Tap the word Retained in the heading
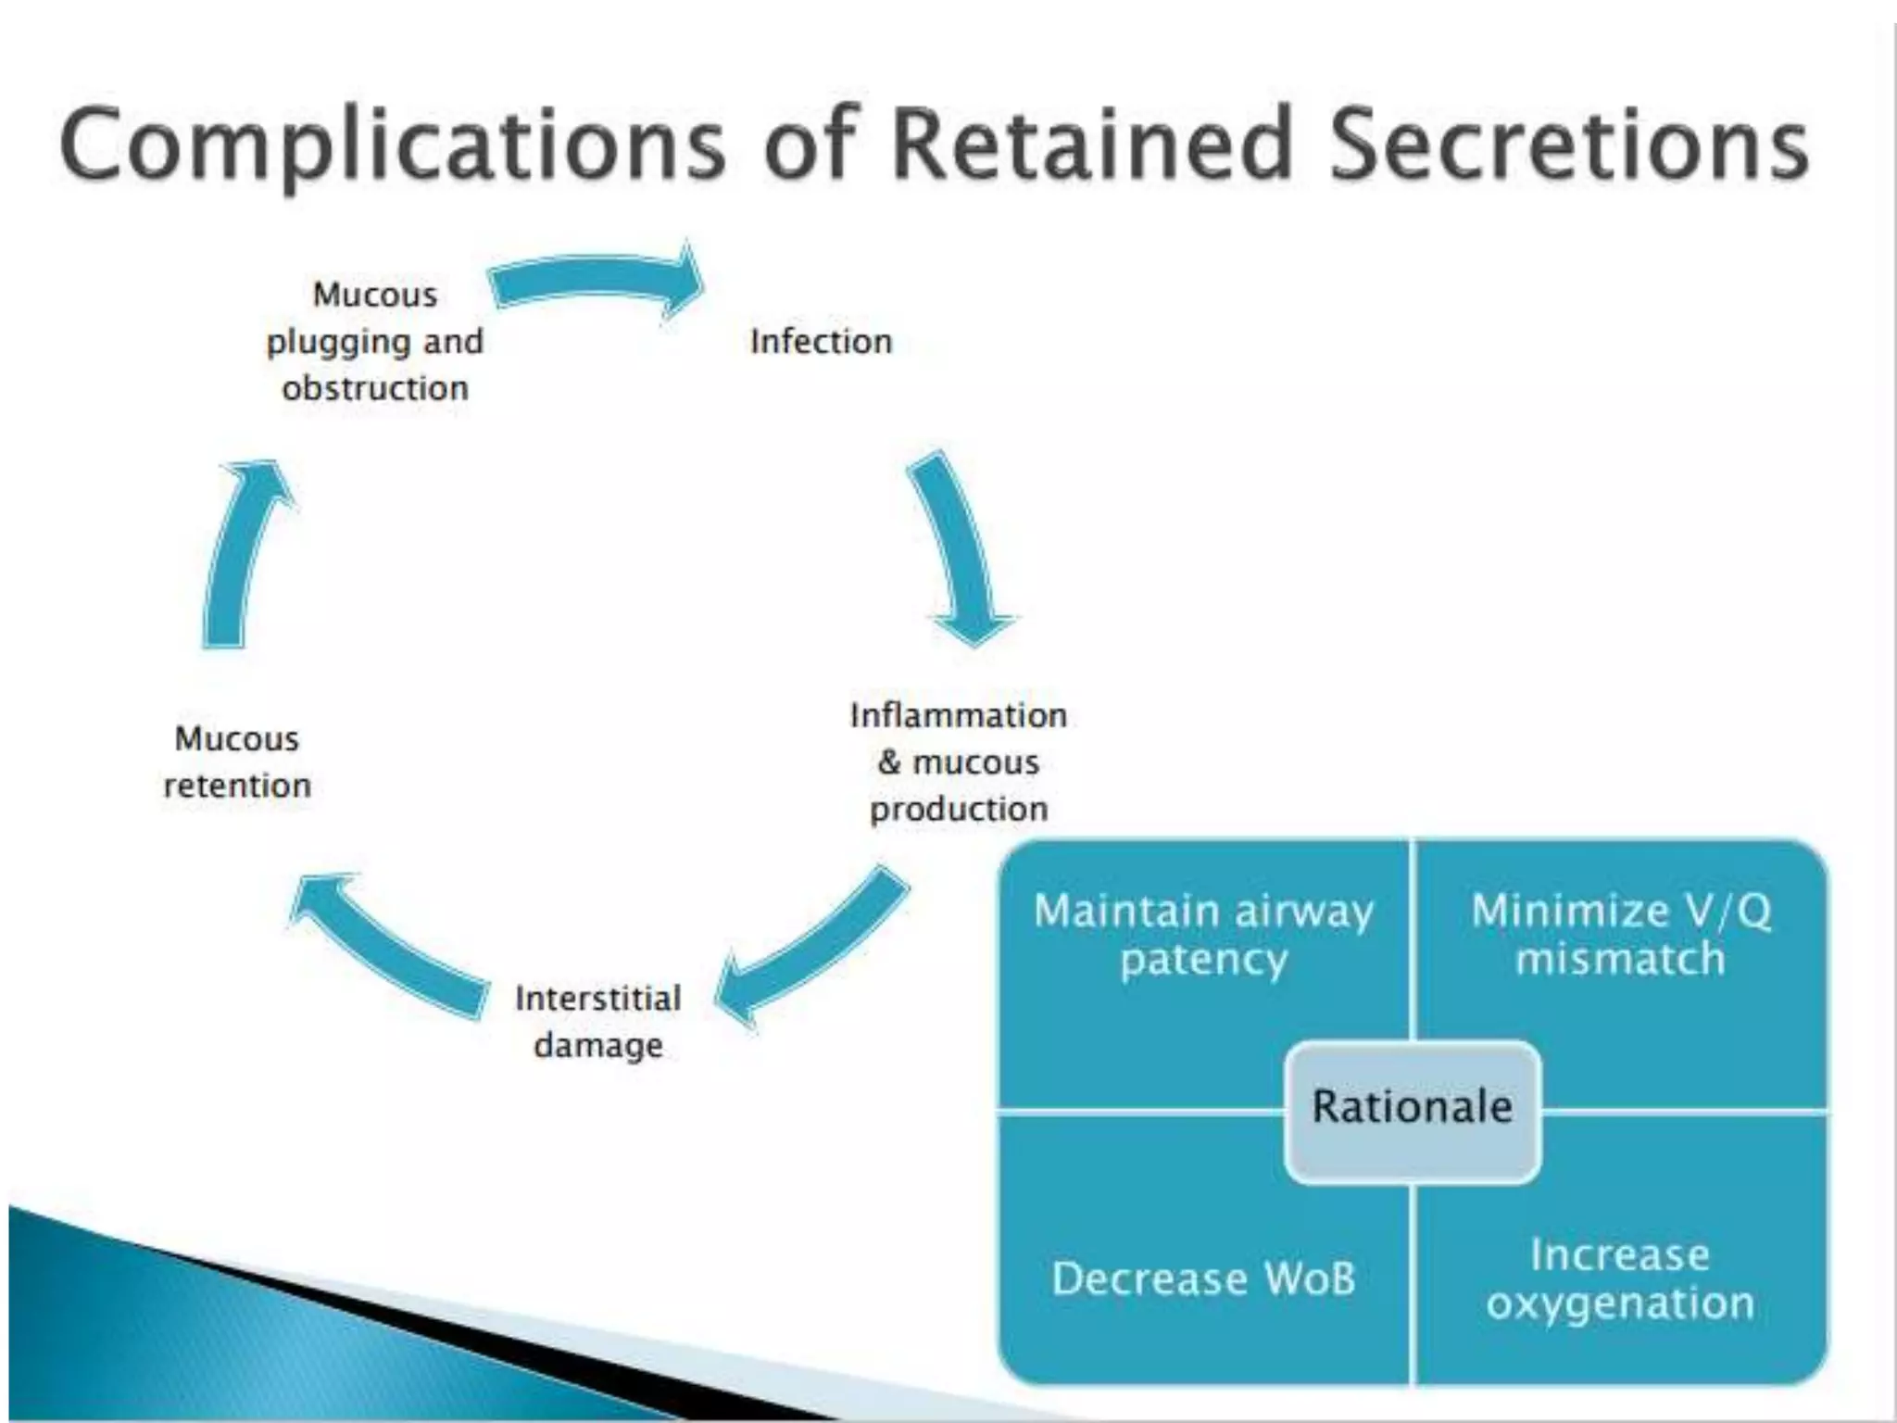pyautogui.click(x=1089, y=145)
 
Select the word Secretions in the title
pyautogui.click(x=1569, y=145)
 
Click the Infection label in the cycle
pyautogui.click(x=821, y=342)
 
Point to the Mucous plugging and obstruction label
pyautogui.click(x=375, y=341)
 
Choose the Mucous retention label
pyautogui.click(x=237, y=762)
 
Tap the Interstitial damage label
pyautogui.click(x=598, y=1021)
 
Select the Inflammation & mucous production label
pyautogui.click(x=959, y=762)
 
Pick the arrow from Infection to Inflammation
pyautogui.click(x=960, y=547)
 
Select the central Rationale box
pyautogui.click(x=1412, y=1108)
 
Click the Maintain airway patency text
pyautogui.click(x=1203, y=934)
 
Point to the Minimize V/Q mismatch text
pyautogui.click(x=1621, y=934)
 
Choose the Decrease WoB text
pyautogui.click(x=1203, y=1278)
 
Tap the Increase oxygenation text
pyautogui.click(x=1621, y=1278)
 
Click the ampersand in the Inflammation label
pyautogui.click(x=889, y=762)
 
